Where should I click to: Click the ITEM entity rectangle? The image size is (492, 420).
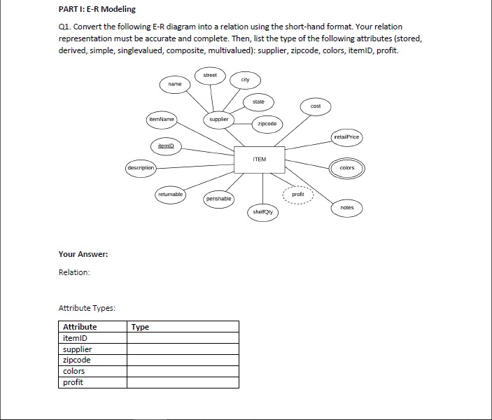click(x=260, y=160)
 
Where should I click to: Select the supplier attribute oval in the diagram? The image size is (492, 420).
click(x=219, y=120)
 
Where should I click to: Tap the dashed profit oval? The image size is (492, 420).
click(x=298, y=194)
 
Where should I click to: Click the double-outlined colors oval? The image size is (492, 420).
click(x=347, y=168)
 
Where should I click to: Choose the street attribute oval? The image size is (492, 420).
click(x=210, y=75)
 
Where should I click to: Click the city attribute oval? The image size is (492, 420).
click(x=245, y=80)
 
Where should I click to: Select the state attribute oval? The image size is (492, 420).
click(x=258, y=102)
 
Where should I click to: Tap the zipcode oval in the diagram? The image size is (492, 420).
click(x=267, y=123)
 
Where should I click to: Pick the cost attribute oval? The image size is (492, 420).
click(x=316, y=106)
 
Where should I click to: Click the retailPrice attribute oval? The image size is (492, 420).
click(x=347, y=137)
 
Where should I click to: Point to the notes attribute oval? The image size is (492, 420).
click(x=347, y=208)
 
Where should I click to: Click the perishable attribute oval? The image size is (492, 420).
click(x=218, y=199)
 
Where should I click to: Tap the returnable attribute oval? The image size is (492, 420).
click(x=169, y=193)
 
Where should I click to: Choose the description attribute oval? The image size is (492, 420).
click(x=141, y=168)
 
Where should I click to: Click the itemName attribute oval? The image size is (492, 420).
click(x=162, y=120)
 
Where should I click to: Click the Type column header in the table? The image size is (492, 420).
click(x=140, y=327)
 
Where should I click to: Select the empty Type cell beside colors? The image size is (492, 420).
click(x=182, y=371)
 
